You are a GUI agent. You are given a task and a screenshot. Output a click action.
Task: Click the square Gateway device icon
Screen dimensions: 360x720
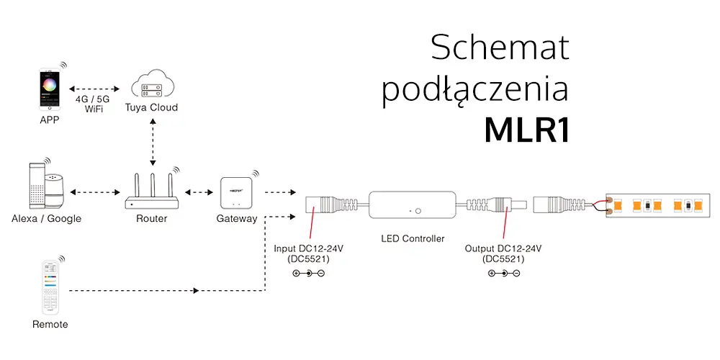coord(236,192)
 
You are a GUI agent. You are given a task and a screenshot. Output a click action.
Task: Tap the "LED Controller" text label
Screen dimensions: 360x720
coord(413,238)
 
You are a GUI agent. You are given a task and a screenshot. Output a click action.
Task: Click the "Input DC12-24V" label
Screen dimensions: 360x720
coord(308,248)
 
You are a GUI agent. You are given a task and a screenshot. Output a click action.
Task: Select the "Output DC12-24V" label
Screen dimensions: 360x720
coord(503,248)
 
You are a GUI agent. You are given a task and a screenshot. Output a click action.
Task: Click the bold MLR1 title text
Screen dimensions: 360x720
coord(526,130)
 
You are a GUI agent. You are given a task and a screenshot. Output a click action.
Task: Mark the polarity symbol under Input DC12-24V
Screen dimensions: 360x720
coord(308,273)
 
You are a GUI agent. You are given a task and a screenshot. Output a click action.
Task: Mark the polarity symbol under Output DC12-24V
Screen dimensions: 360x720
coord(503,273)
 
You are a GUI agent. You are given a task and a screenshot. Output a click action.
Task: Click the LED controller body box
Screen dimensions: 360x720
coord(413,207)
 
